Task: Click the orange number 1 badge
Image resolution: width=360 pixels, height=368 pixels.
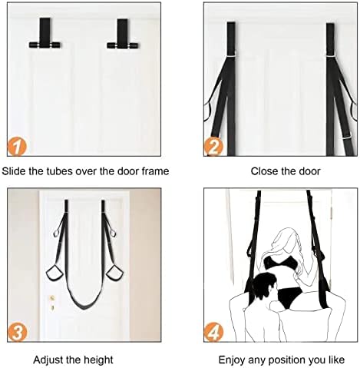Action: click(x=17, y=147)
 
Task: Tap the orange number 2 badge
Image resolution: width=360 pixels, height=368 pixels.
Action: click(x=213, y=147)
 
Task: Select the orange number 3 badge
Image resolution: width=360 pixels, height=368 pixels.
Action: click(x=17, y=333)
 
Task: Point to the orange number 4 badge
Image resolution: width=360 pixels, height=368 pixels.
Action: click(x=213, y=333)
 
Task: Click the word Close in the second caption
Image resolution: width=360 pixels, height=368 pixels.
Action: click(x=262, y=171)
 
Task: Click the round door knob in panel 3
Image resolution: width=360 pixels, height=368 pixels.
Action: click(x=52, y=298)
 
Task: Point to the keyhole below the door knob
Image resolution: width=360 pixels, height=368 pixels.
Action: click(x=52, y=307)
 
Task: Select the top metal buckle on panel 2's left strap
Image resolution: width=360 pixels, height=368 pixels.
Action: click(x=231, y=55)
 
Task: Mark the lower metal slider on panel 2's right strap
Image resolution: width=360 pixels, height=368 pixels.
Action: click(x=347, y=138)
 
